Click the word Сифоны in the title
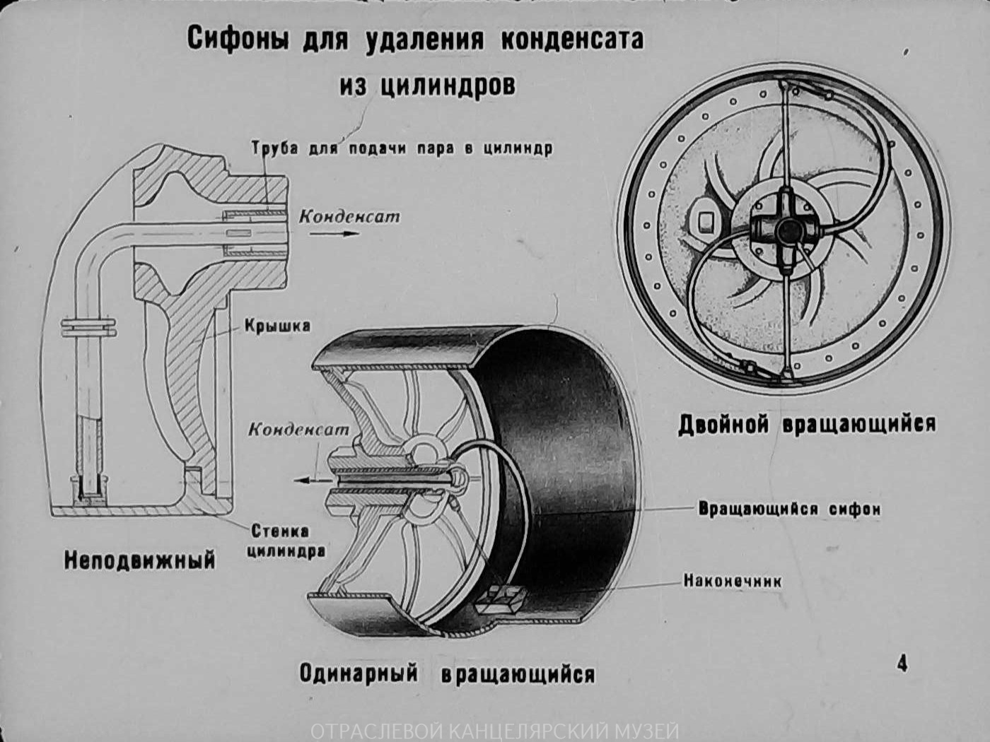(238, 40)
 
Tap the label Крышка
(278, 326)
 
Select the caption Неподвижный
(140, 561)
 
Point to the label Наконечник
(733, 581)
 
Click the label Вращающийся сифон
(789, 509)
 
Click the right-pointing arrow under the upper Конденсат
(334, 234)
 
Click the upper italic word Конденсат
(349, 217)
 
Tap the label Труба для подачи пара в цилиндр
(402, 148)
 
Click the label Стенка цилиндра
(286, 541)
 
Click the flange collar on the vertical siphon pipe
(88, 327)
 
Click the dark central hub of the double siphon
(787, 231)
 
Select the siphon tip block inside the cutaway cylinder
(500, 599)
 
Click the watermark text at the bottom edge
(495, 731)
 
